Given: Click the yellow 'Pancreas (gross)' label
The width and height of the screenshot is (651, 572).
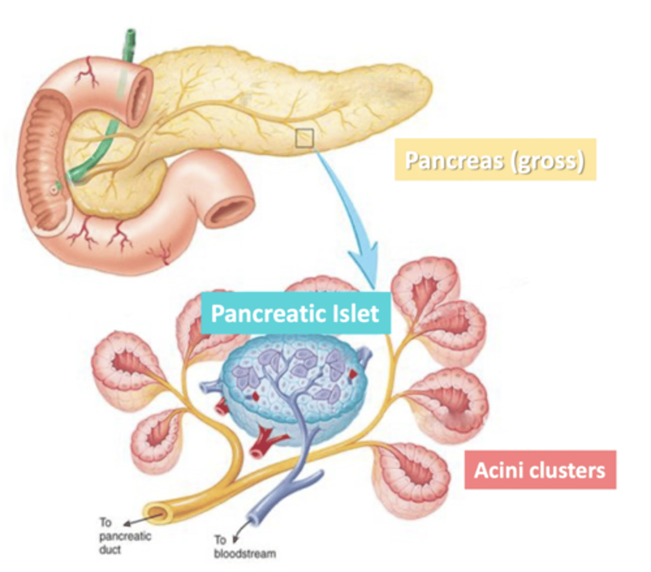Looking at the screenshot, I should (495, 160).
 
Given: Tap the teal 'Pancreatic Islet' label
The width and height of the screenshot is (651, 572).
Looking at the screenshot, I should (295, 313).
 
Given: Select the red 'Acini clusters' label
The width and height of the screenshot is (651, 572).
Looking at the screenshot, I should (540, 470).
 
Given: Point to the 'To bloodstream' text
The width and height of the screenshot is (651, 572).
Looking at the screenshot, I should (244, 547).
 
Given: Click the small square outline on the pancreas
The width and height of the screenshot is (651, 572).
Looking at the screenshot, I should (304, 138).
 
